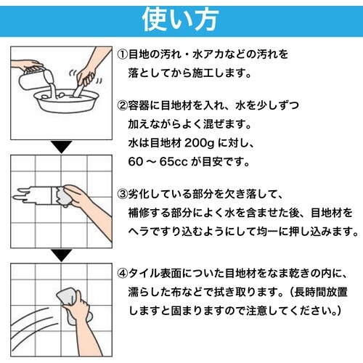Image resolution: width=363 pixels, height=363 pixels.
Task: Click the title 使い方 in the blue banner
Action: click(181, 17)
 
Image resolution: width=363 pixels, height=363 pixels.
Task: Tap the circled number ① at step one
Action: click(123, 54)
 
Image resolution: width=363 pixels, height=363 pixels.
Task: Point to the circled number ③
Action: click(123, 196)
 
